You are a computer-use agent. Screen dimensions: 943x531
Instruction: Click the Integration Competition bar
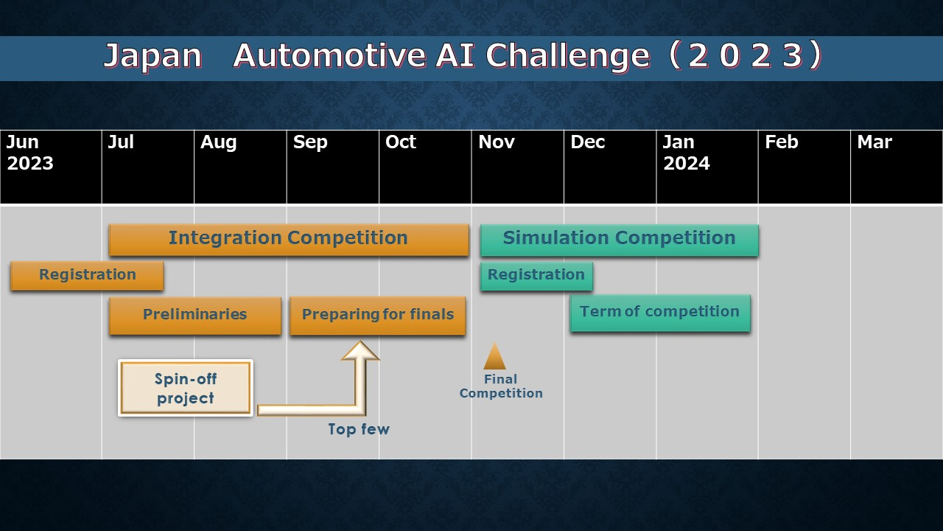point(289,240)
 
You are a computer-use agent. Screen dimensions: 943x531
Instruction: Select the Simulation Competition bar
point(620,240)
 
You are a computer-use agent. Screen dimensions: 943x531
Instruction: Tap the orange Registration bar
point(87,276)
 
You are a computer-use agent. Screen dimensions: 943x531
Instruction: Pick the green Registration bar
point(536,276)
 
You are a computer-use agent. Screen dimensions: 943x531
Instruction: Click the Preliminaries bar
point(195,316)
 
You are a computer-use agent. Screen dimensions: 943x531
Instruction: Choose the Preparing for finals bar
point(378,316)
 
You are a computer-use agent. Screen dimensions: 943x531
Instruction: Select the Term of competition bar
point(660,313)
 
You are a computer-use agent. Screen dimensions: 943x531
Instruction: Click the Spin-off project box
point(186,388)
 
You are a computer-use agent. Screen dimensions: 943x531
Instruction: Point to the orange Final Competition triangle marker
point(494,356)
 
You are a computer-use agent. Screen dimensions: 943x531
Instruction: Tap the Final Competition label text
point(500,386)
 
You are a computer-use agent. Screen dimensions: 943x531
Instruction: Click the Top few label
point(359,429)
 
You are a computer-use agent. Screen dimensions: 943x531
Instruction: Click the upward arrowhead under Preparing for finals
point(360,350)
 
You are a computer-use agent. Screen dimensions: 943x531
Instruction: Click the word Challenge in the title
point(568,55)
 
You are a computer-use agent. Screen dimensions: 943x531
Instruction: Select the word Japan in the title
point(153,57)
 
